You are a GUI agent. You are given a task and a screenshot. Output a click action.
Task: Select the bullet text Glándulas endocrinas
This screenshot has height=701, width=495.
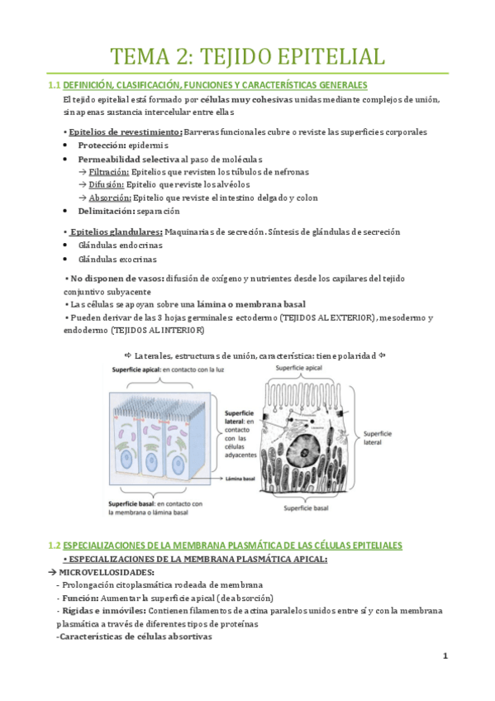coord(121,246)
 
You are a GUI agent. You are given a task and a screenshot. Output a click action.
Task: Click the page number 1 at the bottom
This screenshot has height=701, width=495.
coord(445,656)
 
